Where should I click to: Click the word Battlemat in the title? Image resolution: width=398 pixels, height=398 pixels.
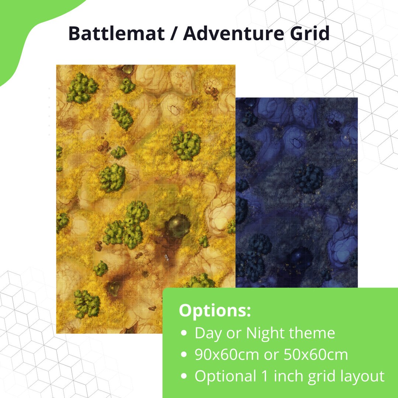pos(116,34)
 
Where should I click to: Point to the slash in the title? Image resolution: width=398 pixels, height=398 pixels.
pos(174,34)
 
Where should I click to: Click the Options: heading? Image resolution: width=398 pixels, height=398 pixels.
pos(214,310)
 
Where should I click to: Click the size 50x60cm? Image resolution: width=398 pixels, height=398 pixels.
pos(316,355)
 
